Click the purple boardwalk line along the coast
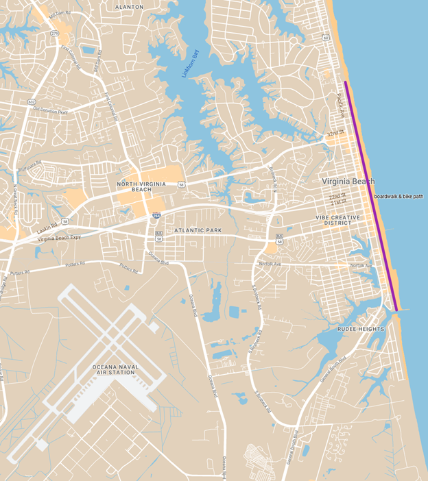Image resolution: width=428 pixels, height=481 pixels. (370, 195)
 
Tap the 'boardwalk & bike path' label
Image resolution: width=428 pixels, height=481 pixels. (399, 197)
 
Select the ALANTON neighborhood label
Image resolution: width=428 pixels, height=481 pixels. (130, 6)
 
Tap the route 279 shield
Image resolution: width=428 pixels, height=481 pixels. (54, 32)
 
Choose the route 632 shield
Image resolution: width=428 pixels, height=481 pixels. (31, 102)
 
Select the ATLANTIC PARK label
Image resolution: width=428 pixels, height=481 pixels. (198, 231)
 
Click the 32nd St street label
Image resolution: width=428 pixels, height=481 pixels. (335, 134)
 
